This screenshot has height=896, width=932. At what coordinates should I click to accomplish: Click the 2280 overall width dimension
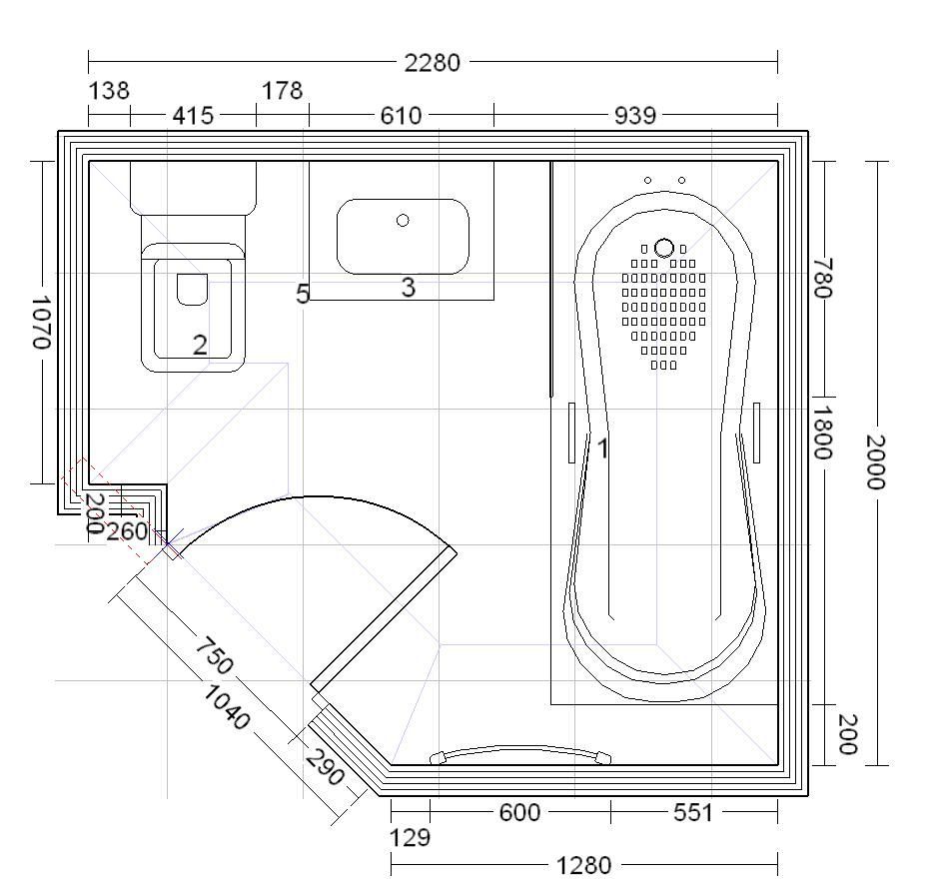click(x=433, y=62)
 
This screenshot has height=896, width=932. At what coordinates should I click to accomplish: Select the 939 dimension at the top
click(x=634, y=115)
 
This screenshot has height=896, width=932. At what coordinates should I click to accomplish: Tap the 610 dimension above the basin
click(x=401, y=115)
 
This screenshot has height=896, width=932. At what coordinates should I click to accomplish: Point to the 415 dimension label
click(x=193, y=115)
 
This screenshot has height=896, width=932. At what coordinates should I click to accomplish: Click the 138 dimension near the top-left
click(x=109, y=91)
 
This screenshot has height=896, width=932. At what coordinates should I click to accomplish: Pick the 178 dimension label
click(x=283, y=91)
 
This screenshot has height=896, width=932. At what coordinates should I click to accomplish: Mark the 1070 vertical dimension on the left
click(x=41, y=323)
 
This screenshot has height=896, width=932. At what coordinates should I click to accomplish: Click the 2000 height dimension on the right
click(x=875, y=461)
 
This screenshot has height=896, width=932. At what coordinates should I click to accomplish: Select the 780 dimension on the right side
click(x=823, y=278)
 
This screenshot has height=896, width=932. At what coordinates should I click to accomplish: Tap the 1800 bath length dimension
click(x=823, y=433)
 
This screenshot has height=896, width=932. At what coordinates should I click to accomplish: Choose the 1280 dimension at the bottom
click(x=583, y=866)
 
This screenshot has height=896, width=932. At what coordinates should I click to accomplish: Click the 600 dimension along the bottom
click(x=519, y=813)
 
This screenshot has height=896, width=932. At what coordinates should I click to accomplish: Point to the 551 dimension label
click(x=692, y=813)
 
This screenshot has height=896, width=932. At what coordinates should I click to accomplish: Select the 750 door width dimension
click(x=215, y=655)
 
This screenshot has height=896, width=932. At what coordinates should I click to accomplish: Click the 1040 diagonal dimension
click(x=226, y=707)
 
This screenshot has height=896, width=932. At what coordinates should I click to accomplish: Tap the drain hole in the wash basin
click(x=403, y=221)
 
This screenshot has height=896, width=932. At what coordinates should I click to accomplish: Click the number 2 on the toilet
click(x=201, y=345)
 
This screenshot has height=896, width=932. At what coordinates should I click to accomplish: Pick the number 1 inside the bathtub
click(x=602, y=448)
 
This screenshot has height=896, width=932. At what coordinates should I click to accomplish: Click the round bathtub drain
click(x=664, y=248)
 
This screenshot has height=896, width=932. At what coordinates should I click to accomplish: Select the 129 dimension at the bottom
click(x=410, y=838)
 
